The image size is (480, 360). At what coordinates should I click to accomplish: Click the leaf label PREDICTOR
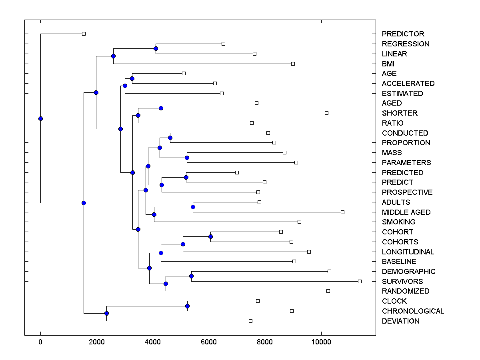tap(403, 34)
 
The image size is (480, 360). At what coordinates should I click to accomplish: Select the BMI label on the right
tap(389, 64)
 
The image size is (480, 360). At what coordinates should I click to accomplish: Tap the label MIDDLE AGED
tap(406, 212)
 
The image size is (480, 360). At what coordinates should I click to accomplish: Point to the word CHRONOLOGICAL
tap(413, 311)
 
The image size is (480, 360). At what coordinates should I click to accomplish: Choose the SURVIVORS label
tap(402, 281)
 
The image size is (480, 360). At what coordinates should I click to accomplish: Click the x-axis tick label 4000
tap(153, 342)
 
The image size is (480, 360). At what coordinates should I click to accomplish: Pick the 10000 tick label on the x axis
tap(321, 342)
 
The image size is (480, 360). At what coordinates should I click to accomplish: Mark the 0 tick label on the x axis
tap(40, 342)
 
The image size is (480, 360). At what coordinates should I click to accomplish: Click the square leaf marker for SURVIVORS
tap(360, 281)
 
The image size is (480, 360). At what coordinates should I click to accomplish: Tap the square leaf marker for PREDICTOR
tap(84, 34)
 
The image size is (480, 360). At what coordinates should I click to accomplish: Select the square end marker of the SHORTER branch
tap(326, 113)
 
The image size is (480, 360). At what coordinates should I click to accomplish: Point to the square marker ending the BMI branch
tap(293, 64)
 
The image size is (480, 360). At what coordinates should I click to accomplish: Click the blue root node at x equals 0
tap(40, 118)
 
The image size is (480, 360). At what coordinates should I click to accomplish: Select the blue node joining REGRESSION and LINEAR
tap(156, 48)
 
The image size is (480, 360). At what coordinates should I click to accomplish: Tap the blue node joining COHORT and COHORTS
tap(210, 236)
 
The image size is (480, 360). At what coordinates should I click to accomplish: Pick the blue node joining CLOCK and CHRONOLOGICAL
tap(187, 306)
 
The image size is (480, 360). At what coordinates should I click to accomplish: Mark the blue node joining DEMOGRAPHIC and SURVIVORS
tap(191, 276)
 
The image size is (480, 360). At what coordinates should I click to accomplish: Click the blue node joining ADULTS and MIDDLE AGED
tap(193, 207)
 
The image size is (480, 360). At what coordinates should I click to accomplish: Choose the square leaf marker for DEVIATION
tap(250, 321)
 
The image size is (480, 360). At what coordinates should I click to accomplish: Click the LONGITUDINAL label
tap(408, 252)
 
